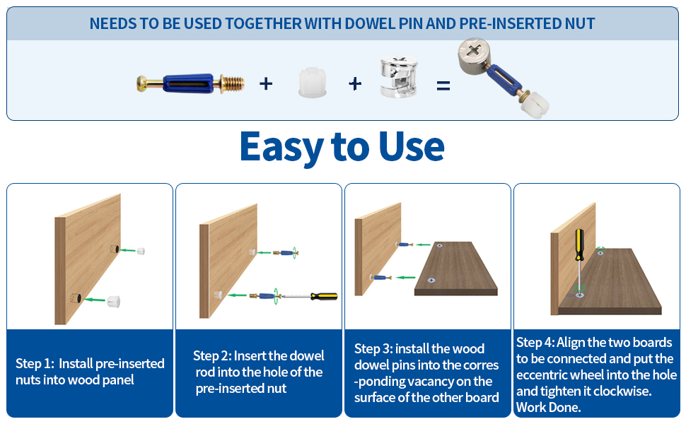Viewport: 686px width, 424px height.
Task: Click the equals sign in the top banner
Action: point(443,86)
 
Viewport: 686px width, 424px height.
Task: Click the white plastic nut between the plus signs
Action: point(313,82)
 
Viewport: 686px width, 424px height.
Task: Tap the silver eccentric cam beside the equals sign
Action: point(399,77)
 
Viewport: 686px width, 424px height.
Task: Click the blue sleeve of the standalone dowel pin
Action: point(188,83)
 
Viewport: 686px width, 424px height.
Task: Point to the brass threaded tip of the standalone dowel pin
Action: point(232,83)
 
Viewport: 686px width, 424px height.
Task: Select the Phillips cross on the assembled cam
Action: point(473,51)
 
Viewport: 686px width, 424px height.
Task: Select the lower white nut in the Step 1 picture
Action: point(113,301)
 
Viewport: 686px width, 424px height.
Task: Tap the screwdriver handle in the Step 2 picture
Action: point(324,296)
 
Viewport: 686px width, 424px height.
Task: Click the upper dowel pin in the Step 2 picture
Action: point(285,253)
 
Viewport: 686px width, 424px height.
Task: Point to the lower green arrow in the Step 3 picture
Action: point(405,277)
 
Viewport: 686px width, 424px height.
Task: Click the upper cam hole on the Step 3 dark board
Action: point(439,246)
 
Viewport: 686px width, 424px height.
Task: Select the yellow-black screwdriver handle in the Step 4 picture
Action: point(579,245)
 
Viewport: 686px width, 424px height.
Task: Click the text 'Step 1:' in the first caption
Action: point(35,364)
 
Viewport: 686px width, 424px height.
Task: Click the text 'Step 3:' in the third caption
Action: point(373,349)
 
